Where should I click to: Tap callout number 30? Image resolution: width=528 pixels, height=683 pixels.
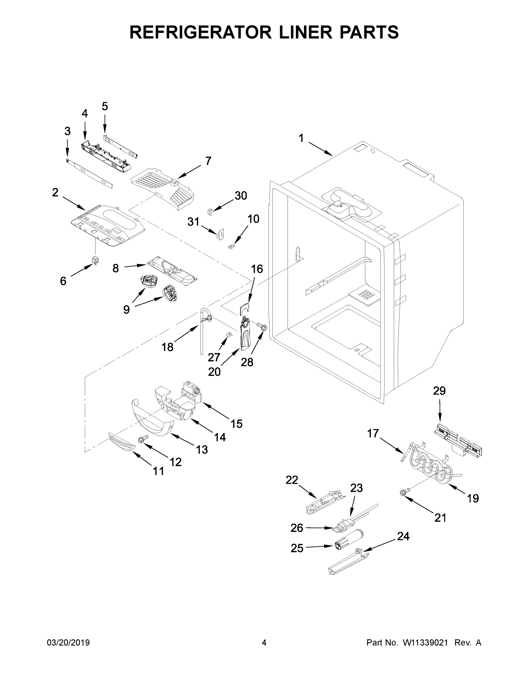pos(241,196)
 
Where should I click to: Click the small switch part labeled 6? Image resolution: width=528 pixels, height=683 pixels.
pos(94,260)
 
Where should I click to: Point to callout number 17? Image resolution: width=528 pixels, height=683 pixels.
pos(373,433)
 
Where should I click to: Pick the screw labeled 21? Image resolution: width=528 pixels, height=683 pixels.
pos(402,493)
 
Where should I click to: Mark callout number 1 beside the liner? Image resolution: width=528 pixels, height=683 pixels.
pos(301,138)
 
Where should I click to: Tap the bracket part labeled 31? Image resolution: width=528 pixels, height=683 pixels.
pos(221,234)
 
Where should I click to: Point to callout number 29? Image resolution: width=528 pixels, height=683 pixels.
pos(439,391)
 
